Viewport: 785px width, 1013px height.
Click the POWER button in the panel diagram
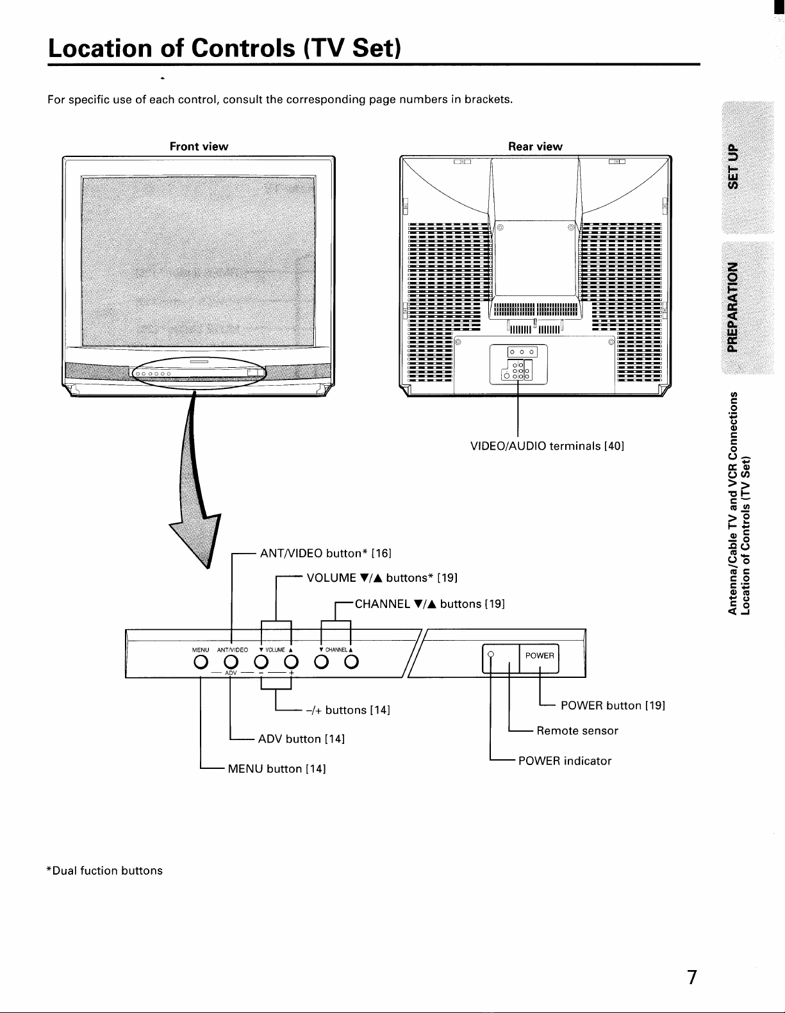click(539, 659)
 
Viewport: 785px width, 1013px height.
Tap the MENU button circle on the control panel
click(201, 662)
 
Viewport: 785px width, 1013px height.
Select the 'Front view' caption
click(199, 146)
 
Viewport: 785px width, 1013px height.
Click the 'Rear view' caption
click(535, 146)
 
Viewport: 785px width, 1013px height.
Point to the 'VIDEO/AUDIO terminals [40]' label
click(547, 446)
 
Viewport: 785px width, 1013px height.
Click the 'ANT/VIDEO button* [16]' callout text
click(326, 554)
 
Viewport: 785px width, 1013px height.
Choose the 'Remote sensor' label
click(577, 730)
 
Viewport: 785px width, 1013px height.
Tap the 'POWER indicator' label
click(565, 761)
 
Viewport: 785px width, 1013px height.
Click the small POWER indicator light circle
click(490, 654)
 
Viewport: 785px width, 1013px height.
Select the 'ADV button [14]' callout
click(301, 739)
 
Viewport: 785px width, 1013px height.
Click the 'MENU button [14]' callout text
click(276, 769)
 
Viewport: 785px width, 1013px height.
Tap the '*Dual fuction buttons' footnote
click(104, 870)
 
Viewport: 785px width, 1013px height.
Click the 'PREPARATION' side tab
click(733, 307)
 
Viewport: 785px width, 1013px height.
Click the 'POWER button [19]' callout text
click(613, 705)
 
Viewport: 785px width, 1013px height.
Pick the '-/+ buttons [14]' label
click(348, 710)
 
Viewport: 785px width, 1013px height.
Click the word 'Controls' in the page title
click(243, 48)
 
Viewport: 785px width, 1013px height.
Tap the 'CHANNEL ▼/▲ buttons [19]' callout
click(430, 604)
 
